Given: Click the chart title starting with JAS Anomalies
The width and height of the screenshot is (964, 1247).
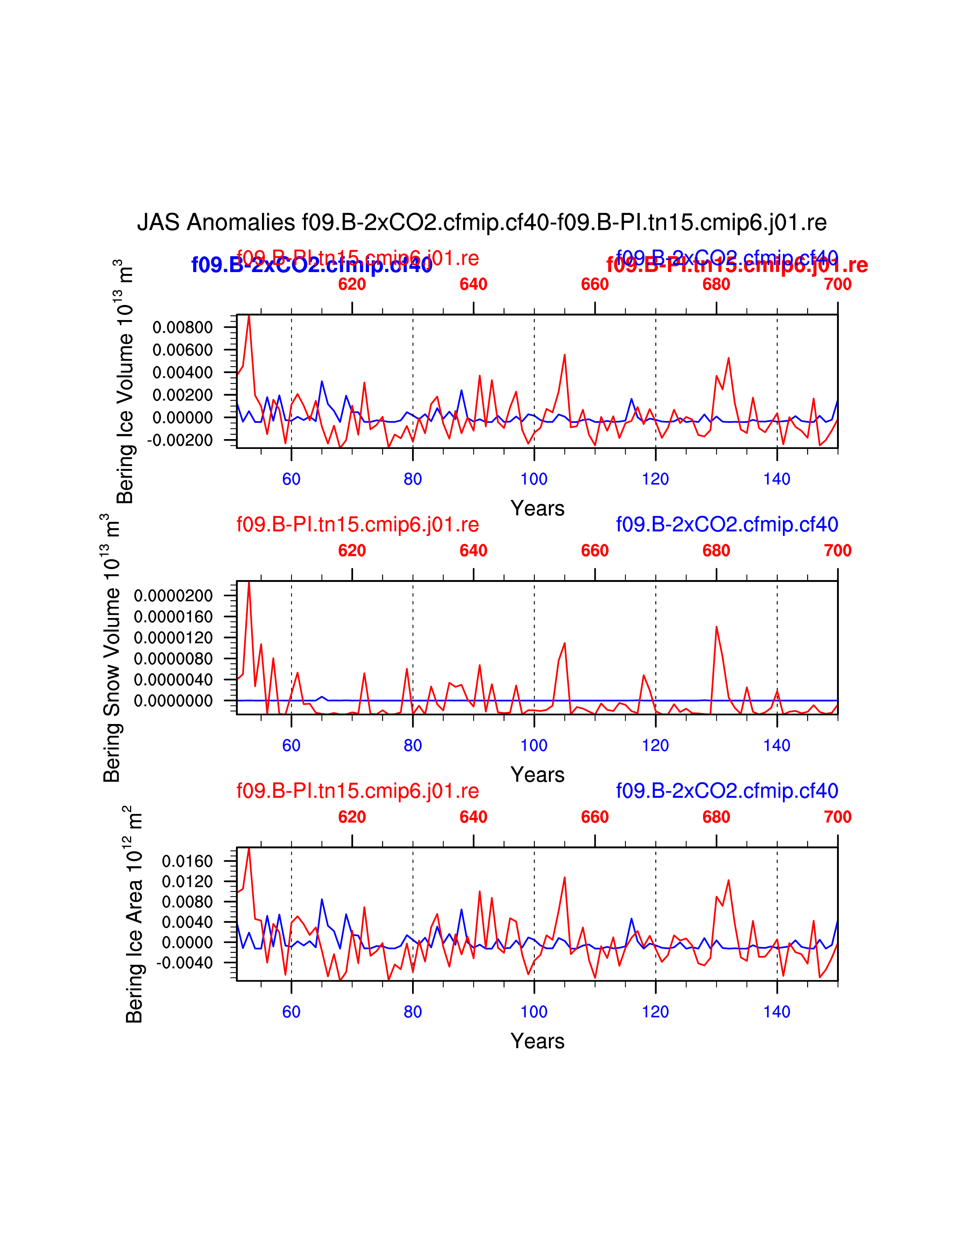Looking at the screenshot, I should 481,223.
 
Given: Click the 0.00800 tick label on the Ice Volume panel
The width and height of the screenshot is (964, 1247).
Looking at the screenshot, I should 182,327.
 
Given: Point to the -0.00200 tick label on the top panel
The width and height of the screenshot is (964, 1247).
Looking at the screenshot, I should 179,440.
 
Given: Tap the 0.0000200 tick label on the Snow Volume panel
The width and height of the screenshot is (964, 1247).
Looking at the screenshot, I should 173,596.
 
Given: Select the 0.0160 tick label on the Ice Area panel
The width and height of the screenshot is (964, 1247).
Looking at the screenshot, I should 187,861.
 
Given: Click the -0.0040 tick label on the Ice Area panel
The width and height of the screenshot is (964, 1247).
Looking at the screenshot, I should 184,963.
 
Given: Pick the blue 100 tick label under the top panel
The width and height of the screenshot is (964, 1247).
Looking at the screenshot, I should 534,479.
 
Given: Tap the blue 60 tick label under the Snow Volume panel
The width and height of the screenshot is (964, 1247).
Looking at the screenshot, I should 291,746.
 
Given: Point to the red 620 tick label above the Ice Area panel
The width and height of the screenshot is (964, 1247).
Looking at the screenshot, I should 352,817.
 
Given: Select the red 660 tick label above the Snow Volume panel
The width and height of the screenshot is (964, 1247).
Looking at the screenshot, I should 595,551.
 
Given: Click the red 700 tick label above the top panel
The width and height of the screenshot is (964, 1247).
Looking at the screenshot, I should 837,284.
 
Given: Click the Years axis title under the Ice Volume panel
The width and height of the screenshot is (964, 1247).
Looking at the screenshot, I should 538,508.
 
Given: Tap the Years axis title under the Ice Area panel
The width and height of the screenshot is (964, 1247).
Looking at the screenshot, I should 538,1041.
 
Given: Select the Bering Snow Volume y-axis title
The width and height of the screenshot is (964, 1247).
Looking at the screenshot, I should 112,648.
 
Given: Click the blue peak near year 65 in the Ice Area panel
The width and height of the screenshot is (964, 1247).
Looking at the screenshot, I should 322,899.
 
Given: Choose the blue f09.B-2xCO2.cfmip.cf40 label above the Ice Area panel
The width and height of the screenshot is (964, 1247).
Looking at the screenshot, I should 727,791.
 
